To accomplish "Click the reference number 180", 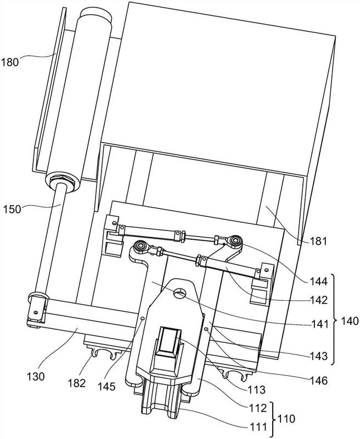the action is tap(10, 62).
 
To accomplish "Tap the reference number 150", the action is tap(12, 209).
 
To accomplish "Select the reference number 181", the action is tap(318, 241).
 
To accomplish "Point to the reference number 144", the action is tap(318, 281).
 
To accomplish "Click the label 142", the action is tap(318, 300).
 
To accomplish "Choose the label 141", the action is tap(320, 324).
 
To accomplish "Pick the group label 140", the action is tap(350, 321).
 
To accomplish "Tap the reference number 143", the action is tap(319, 356).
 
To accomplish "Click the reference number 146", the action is tap(319, 380).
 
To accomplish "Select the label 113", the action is tap(256, 390).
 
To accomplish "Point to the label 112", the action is tap(258, 408).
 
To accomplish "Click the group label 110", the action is tap(286, 419).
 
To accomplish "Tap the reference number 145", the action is tap(106, 386).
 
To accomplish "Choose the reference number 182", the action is tap(77, 383).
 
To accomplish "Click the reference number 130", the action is tap(36, 376).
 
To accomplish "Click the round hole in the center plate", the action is tap(179, 294).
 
